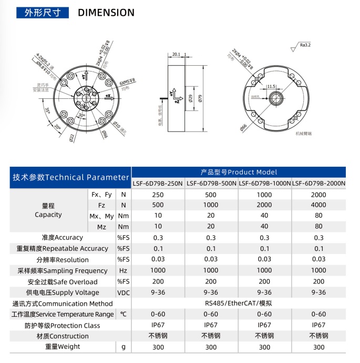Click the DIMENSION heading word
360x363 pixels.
click(x=106, y=13)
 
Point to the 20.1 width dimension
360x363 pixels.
click(x=176, y=54)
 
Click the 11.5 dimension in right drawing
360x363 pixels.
click(x=271, y=86)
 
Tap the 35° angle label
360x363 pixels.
click(x=47, y=111)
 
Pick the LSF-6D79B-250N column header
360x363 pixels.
click(x=158, y=184)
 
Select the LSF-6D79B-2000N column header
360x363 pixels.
click(x=319, y=184)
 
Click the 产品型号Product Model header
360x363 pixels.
click(x=239, y=172)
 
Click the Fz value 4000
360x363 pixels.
click(x=318, y=205)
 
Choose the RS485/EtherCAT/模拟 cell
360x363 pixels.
click(x=239, y=304)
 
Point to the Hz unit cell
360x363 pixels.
click(x=124, y=271)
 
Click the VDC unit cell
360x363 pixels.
click(x=124, y=293)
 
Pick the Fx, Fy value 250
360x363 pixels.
click(x=158, y=194)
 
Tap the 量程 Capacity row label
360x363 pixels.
click(x=48, y=210)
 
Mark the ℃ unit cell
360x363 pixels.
click(x=124, y=314)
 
